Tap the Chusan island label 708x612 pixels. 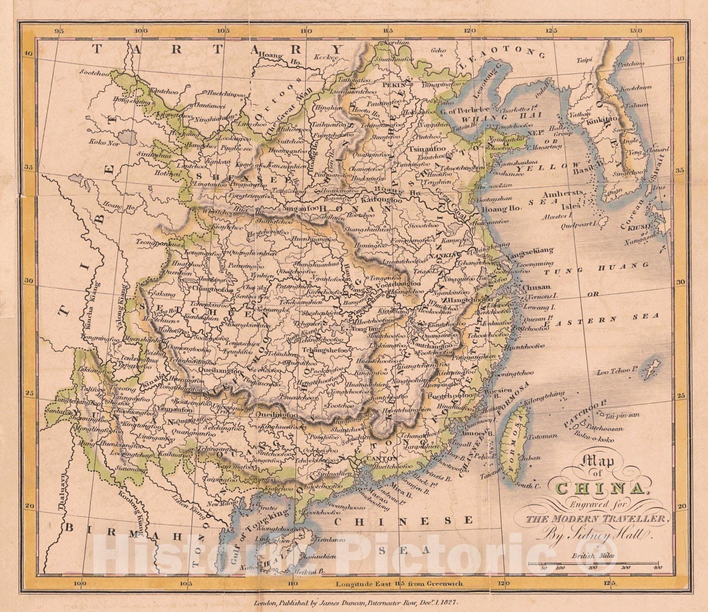coord(537,287)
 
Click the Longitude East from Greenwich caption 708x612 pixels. coord(399,583)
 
